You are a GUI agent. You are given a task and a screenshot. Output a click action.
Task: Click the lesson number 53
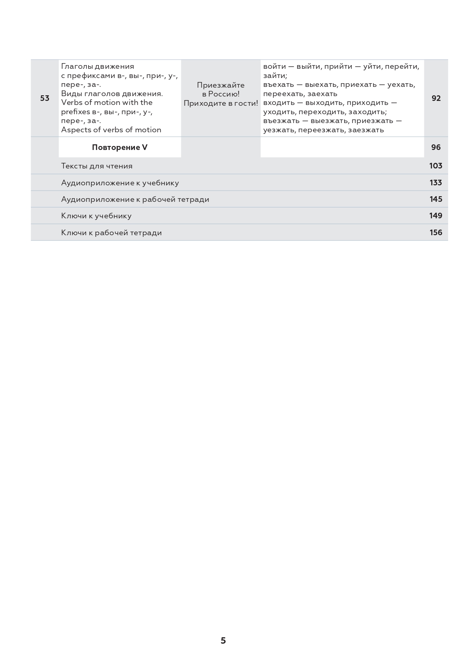tap(45, 98)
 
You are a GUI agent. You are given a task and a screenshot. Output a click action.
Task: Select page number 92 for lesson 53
tap(436, 98)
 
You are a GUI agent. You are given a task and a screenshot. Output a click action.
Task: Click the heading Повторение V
tap(119, 147)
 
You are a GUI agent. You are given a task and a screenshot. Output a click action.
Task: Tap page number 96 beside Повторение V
tap(436, 147)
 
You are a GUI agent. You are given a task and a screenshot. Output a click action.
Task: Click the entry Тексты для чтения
tap(96, 166)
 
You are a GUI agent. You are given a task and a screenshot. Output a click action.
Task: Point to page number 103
tap(435, 166)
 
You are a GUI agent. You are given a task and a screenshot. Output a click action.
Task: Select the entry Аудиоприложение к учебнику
tap(120, 183)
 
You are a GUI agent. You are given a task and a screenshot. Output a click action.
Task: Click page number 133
tap(435, 183)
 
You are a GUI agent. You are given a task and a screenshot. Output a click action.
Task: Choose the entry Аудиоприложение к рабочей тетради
tap(135, 199)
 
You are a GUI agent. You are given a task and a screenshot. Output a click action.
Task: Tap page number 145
tap(435, 199)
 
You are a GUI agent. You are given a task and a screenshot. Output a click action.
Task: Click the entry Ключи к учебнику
tap(96, 216)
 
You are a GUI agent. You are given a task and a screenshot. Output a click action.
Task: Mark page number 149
tap(435, 216)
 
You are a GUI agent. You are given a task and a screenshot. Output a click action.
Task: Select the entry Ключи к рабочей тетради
tap(111, 232)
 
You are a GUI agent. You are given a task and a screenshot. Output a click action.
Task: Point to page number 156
tap(435, 232)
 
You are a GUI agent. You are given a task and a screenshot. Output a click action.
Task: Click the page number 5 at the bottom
tap(223, 640)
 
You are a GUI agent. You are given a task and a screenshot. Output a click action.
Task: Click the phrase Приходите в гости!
tap(221, 103)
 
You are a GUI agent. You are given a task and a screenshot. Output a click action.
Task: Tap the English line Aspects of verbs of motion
tap(111, 129)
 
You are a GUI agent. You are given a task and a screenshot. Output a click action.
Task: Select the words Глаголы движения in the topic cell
tap(97, 66)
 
